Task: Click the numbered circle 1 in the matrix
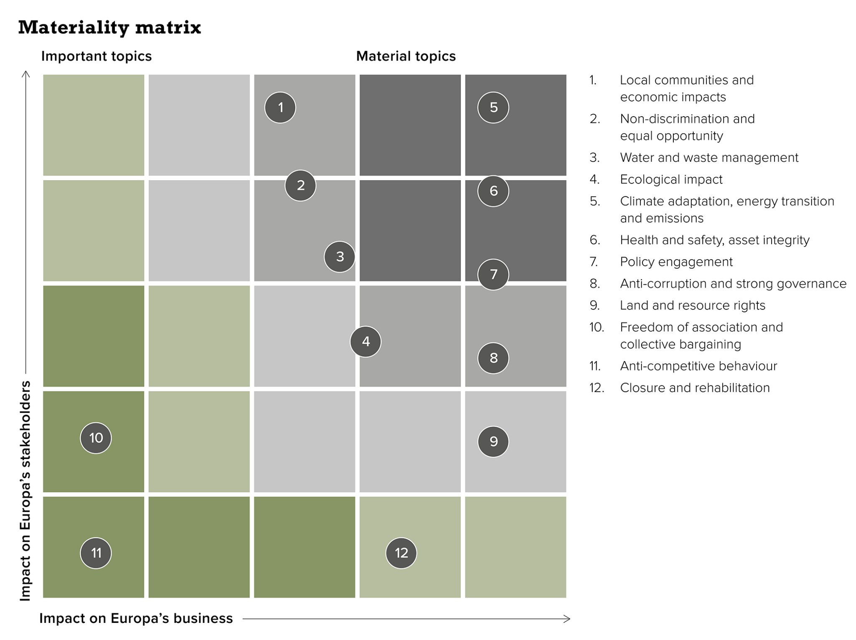click(280, 107)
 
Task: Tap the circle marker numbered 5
click(493, 107)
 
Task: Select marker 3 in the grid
click(339, 257)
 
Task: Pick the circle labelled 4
click(366, 342)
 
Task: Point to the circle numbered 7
click(493, 274)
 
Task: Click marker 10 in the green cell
click(96, 438)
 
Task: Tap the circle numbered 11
click(96, 553)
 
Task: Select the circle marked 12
click(401, 553)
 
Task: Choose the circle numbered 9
click(493, 441)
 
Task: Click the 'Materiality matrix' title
click(110, 28)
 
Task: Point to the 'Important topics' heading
click(96, 56)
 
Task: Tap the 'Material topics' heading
click(406, 56)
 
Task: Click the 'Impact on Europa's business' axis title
click(136, 618)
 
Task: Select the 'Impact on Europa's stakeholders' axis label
click(25, 491)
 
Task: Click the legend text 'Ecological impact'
click(671, 179)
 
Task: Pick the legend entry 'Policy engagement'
click(676, 262)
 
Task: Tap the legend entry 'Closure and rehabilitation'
click(695, 388)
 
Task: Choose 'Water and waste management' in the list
click(709, 158)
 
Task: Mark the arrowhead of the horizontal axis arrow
click(568, 619)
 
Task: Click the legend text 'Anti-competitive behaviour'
click(698, 366)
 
